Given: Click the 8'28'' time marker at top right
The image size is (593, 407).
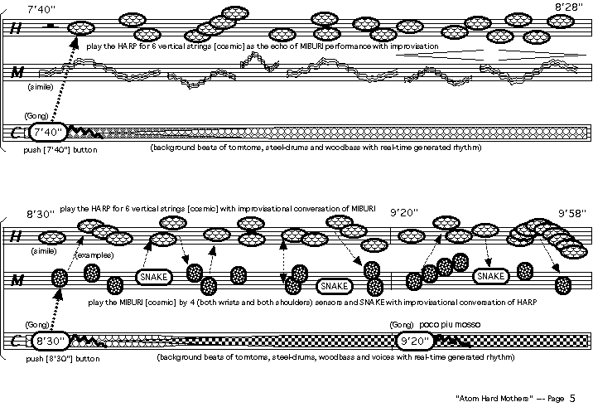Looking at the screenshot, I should (x=569, y=7).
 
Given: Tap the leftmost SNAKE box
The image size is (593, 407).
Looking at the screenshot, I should (x=153, y=277).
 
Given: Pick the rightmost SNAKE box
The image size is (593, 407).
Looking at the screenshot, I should (x=489, y=276).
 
